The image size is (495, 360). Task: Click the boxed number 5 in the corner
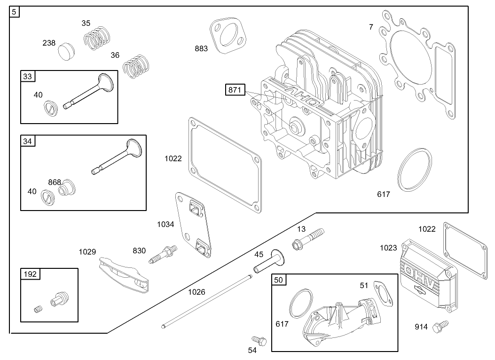(15, 12)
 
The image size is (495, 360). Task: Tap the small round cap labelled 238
(66, 50)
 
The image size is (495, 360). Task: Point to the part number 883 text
(201, 49)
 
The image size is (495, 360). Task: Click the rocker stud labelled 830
(162, 253)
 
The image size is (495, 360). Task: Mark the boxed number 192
(29, 274)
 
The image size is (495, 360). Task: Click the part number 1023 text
(388, 248)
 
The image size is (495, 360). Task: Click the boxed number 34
(28, 141)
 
